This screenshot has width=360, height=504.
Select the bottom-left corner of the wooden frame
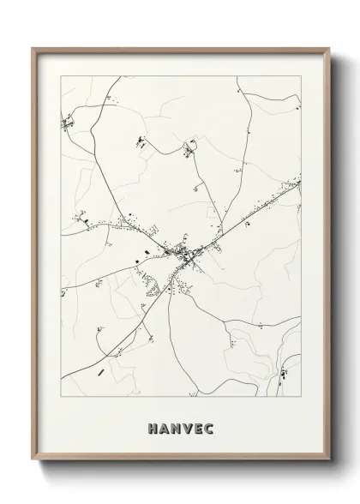coord(33,460)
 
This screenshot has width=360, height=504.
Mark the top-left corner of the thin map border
coord(61,76)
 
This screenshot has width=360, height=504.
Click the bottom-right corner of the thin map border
coord(301,397)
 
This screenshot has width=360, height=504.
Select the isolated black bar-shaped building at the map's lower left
coord(101,372)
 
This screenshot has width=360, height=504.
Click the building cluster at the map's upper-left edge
coord(67,126)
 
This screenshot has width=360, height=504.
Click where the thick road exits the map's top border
coord(119,76)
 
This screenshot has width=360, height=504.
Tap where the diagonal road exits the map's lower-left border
coord(62,377)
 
